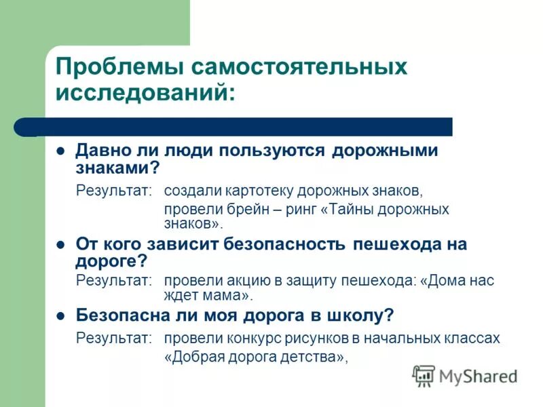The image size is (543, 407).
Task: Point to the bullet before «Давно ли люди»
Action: pos(60,151)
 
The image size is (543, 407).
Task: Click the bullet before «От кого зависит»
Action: pos(60,245)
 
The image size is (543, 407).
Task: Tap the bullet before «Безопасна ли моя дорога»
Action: pos(60,315)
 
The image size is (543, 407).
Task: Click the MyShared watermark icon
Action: pos(424,376)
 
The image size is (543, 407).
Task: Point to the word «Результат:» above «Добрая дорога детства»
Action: pos(114,338)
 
